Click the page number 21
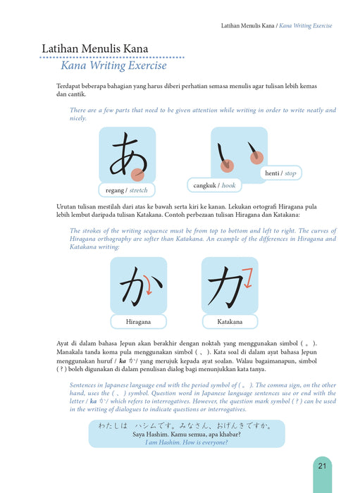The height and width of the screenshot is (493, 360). click(322, 466)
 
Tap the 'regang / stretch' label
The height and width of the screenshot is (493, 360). click(127, 190)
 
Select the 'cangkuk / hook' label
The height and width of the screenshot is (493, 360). click(214, 185)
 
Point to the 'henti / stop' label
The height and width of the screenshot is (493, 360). click(281, 173)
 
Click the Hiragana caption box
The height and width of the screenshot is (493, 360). click(138, 322)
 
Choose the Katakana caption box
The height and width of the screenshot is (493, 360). click(230, 322)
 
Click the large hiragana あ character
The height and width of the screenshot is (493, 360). click(128, 154)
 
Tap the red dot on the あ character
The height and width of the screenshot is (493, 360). click(137, 175)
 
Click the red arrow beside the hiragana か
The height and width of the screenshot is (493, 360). click(148, 285)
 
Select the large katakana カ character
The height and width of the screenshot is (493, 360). click(225, 287)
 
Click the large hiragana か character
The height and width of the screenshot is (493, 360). click(141, 287)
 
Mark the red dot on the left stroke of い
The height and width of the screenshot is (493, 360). click(227, 166)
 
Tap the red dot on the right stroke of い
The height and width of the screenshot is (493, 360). click(256, 158)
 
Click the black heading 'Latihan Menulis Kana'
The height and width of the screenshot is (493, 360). click(95, 49)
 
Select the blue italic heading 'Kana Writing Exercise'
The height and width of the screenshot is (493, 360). click(114, 65)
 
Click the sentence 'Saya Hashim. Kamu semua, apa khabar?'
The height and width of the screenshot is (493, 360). click(187, 435)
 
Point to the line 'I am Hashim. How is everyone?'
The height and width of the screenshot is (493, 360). click(187, 442)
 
